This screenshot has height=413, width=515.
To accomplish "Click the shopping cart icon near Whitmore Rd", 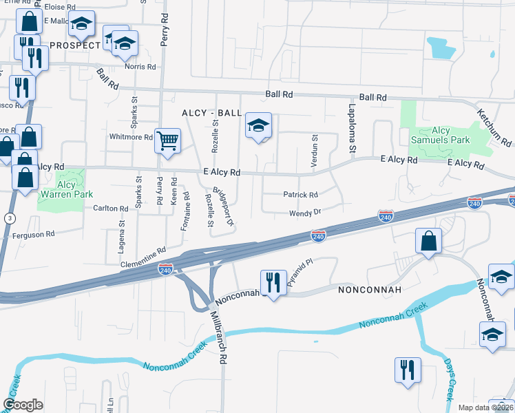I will [167, 141].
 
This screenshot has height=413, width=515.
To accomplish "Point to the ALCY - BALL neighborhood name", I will [211, 113].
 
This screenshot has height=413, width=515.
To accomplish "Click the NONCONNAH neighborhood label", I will [370, 290].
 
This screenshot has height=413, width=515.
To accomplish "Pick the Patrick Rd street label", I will [300, 195].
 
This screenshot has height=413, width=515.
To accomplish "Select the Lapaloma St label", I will [351, 127].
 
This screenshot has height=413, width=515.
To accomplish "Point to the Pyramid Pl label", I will [300, 271].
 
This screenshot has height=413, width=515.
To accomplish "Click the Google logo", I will [23, 405].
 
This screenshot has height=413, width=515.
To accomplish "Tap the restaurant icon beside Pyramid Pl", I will [273, 282].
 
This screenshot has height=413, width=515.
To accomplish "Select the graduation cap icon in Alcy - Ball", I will [258, 126].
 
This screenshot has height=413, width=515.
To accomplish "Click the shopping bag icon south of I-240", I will [428, 241].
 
